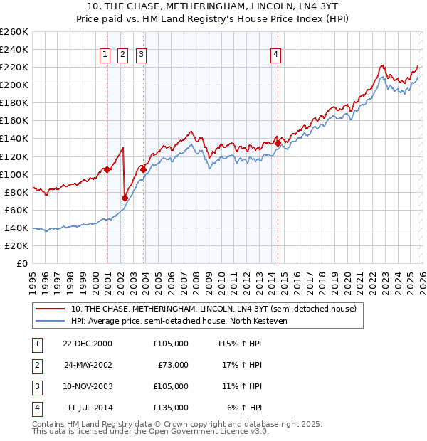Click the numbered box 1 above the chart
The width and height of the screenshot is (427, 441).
(105, 55)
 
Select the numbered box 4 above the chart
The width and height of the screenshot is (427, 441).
(275, 55)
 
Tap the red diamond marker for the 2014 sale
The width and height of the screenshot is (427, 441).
(278, 143)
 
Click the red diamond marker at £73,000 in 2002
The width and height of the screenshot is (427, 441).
(125, 198)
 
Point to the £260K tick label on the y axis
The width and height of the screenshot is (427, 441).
(14, 32)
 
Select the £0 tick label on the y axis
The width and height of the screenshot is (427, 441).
(21, 263)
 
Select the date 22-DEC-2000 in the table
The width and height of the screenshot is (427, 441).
(88, 343)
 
